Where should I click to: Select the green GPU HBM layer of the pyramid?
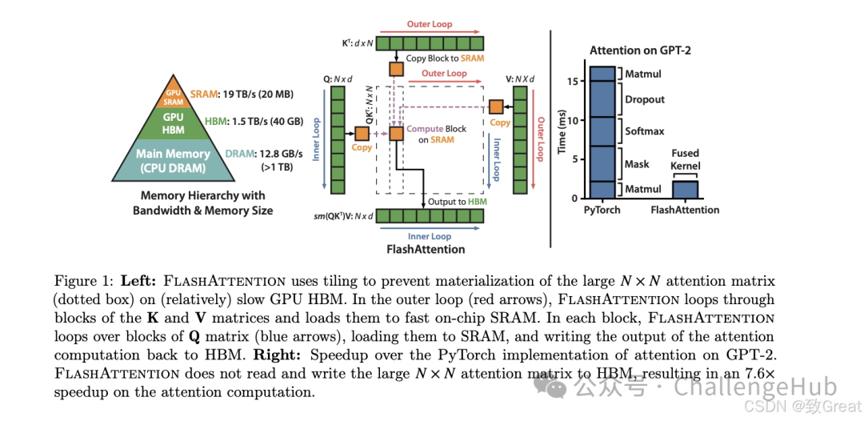173,123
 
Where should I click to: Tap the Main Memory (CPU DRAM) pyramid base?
173,160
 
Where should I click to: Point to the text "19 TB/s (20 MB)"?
258,94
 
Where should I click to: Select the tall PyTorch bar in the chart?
602,132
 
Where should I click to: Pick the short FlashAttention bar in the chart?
685,189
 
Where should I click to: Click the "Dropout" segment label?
646,100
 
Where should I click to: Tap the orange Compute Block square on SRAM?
396,134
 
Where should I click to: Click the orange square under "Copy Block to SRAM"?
396,69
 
